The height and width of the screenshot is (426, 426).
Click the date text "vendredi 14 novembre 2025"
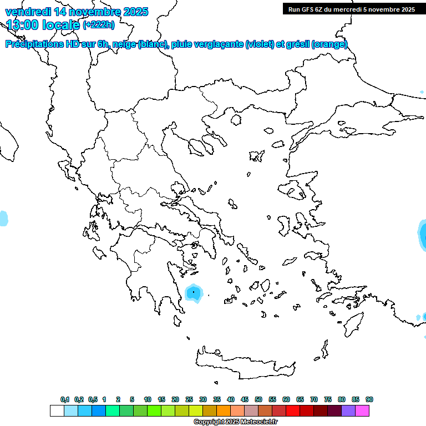point(77,12)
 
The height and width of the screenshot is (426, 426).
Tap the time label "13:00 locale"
point(43,24)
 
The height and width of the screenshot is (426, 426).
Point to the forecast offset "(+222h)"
point(99,25)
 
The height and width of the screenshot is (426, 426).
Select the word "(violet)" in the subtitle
point(260,44)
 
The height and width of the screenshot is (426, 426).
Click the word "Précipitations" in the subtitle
point(34,44)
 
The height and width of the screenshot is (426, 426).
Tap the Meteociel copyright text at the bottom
point(235,422)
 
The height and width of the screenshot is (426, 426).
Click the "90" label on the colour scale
point(369,399)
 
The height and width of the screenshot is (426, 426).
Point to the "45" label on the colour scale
point(245,399)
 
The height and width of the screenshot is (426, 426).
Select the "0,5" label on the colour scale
point(93,399)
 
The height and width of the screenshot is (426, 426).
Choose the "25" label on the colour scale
point(189,399)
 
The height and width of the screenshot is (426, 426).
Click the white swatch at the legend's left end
point(57,410)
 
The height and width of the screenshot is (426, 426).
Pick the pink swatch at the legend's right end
point(362,410)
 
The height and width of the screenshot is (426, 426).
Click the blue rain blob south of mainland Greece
point(194,293)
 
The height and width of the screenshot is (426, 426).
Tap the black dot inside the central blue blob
point(193,291)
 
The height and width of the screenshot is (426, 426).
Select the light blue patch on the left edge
point(3,218)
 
